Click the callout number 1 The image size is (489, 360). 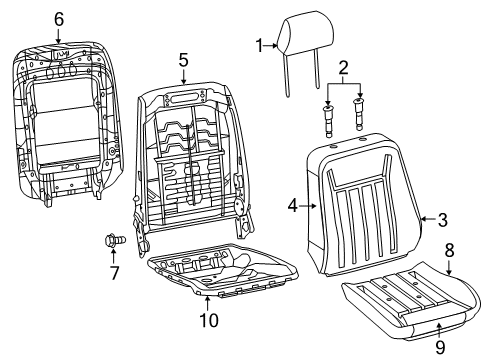tap(259, 44)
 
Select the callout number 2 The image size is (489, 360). tap(343, 69)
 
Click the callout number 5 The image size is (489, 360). tap(183, 60)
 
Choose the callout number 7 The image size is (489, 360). tap(113, 273)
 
